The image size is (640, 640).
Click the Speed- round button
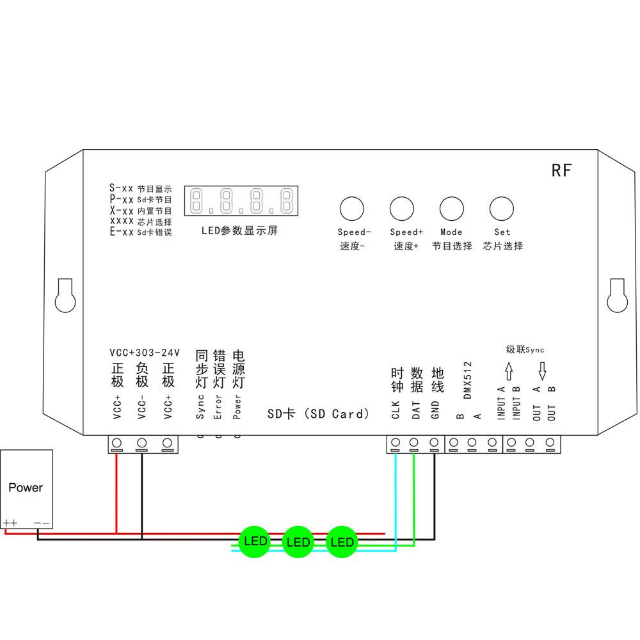point(351,209)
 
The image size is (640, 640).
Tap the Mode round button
point(451,209)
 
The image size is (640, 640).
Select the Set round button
point(502,209)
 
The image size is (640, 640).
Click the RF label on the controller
point(561,170)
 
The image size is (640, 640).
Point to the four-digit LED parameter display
point(241,201)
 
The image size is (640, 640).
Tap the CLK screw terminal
point(396,443)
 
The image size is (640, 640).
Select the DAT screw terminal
point(414,443)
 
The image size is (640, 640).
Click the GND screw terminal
point(434,443)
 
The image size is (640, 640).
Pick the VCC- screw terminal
point(141,443)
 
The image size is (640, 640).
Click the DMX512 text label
point(467,380)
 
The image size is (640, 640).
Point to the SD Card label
point(318,414)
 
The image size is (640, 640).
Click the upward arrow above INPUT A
point(509,369)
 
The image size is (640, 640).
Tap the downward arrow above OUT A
point(542,369)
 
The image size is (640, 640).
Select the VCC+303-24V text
point(145,353)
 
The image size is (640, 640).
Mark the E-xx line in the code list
point(141,232)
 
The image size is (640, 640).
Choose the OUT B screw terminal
point(550,443)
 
